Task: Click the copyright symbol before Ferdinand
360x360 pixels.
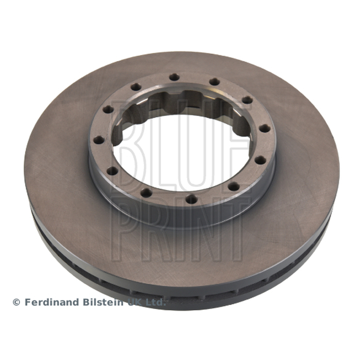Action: pyautogui.click(x=16, y=302)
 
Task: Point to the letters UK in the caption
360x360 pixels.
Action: pyautogui.click(x=135, y=302)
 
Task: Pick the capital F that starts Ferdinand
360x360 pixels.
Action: pyautogui.click(x=27, y=302)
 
